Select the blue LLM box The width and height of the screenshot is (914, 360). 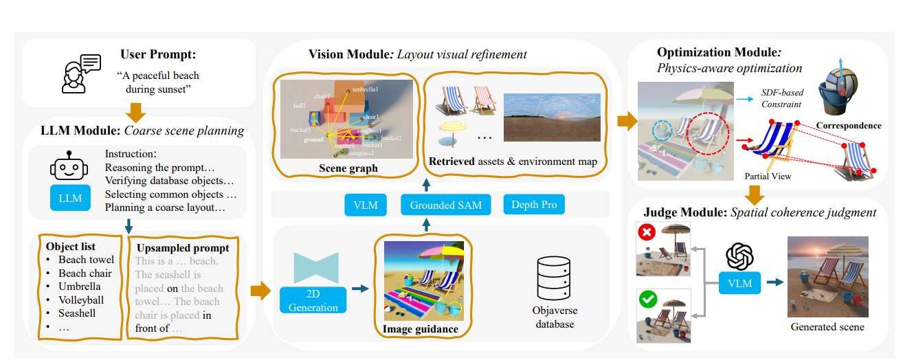click(70, 199)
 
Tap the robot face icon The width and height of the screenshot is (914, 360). click(69, 168)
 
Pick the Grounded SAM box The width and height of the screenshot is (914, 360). click(446, 204)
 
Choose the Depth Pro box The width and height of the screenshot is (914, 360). click(534, 204)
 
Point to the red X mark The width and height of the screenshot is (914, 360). click(646, 234)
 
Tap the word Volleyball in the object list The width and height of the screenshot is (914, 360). click(81, 300)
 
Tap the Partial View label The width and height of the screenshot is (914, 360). click(768, 177)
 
